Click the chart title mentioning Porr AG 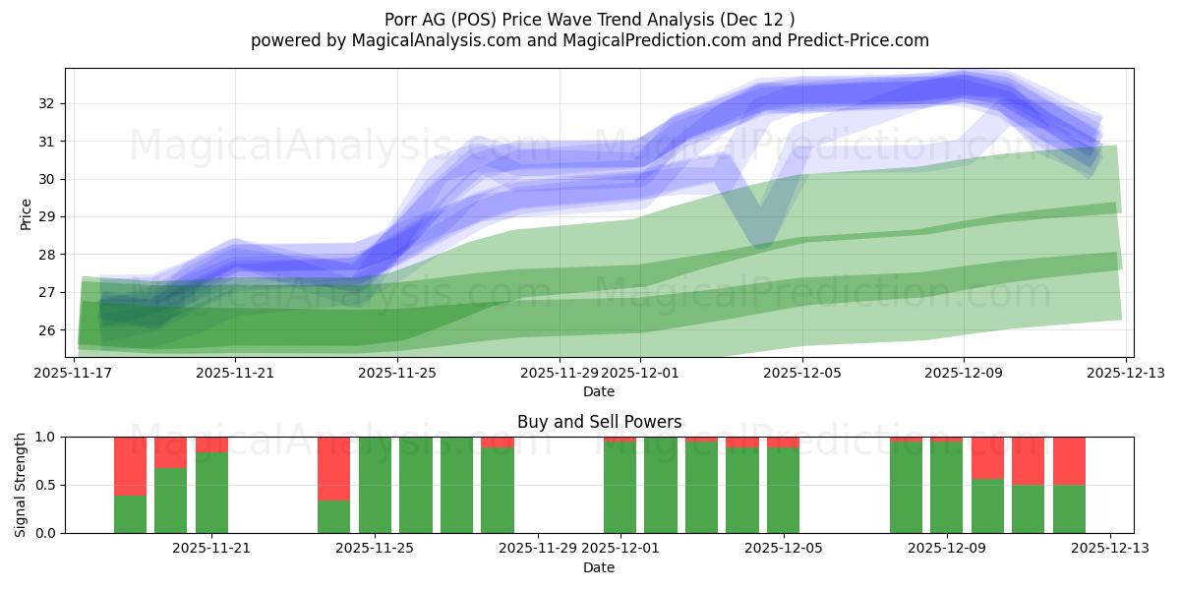(x=590, y=19)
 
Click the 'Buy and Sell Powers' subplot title (x=599, y=422)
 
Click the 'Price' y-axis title (x=26, y=214)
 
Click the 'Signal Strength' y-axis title (x=21, y=485)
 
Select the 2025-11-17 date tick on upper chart (x=74, y=373)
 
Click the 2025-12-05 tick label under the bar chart (x=784, y=548)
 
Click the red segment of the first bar (x=130, y=465)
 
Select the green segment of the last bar (x=1069, y=508)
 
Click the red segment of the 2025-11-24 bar (x=333, y=468)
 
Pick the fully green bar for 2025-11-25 (x=375, y=485)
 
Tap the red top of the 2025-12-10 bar (x=987, y=457)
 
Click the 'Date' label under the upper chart (x=599, y=391)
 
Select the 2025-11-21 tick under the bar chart (x=211, y=548)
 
